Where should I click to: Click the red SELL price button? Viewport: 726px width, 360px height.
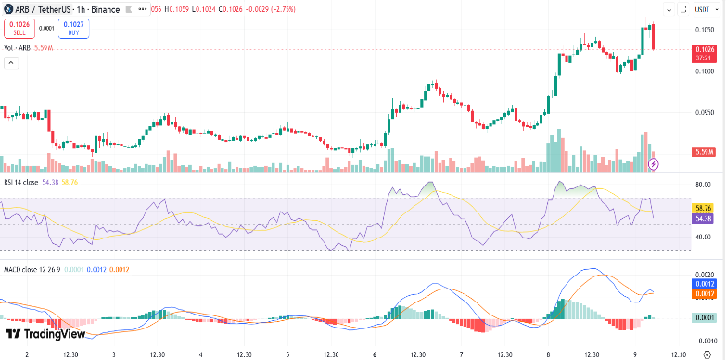pos(18,28)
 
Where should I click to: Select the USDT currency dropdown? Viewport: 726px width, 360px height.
pos(706,8)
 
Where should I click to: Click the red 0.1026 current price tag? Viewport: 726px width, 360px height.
pos(705,48)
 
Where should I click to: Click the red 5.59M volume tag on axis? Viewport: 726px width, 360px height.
pos(704,151)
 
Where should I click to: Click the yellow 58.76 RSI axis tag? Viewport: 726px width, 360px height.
pos(703,208)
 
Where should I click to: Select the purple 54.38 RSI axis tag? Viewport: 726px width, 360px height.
pos(703,218)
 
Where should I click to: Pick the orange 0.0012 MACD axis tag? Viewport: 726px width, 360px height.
pos(703,294)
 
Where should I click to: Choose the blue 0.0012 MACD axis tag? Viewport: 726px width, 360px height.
pos(703,284)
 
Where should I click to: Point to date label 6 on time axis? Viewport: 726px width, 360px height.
pos(373,354)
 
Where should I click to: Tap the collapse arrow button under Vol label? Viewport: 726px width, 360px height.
pos(12,63)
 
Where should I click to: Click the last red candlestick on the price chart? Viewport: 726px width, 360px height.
pos(654,37)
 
